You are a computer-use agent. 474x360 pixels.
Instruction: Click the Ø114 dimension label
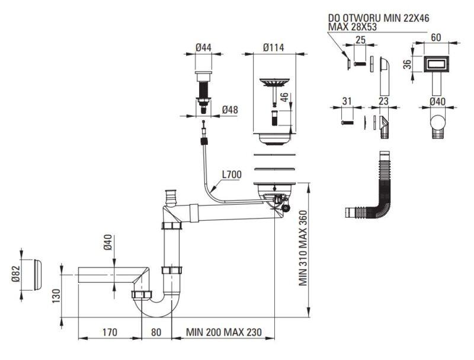click(273, 47)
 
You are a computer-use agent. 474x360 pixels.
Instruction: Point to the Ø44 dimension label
click(203, 47)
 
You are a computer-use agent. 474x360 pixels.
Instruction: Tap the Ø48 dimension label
click(230, 110)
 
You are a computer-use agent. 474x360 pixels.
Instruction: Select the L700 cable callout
click(232, 174)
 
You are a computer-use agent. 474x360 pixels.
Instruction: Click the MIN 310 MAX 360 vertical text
click(303, 248)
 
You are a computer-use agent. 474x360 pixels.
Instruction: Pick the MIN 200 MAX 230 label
click(224, 332)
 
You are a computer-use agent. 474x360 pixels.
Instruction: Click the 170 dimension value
click(110, 332)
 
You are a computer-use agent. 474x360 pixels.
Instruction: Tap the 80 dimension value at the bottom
click(156, 332)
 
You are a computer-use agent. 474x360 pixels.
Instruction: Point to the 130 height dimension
click(56, 296)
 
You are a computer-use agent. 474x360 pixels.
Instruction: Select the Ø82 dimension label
click(15, 273)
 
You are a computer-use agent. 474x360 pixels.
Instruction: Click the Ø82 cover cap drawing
click(38, 275)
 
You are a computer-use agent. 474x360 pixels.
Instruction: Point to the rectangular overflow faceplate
click(435, 64)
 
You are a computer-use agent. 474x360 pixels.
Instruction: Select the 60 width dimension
click(435, 37)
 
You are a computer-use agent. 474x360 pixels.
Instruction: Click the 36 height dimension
click(407, 64)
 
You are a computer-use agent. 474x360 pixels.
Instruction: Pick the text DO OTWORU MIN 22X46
click(379, 18)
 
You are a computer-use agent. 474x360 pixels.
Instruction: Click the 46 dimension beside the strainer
click(285, 97)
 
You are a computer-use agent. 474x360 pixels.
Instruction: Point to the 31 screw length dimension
click(347, 101)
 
